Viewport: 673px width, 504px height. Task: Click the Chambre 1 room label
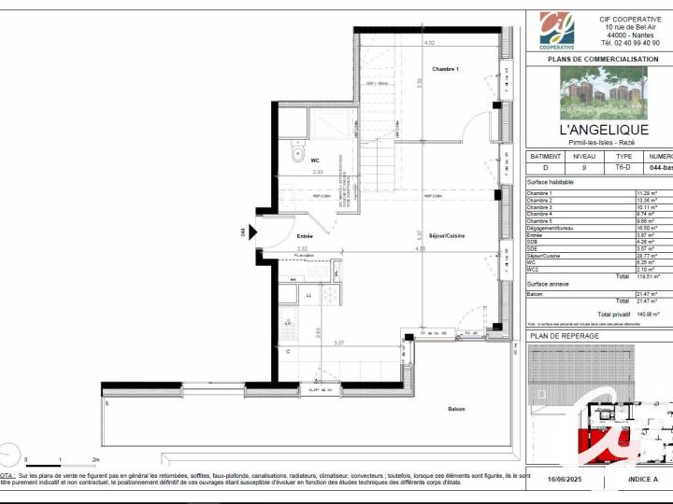pyautogui.click(x=445, y=70)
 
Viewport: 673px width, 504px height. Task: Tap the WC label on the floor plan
pyautogui.click(x=316, y=160)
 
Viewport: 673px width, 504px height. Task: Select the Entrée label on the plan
pyautogui.click(x=305, y=236)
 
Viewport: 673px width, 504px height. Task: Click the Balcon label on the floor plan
pyautogui.click(x=456, y=409)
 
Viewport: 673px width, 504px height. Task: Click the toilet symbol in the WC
pyautogui.click(x=297, y=153)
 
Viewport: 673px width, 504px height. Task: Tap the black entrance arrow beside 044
pyautogui.click(x=251, y=232)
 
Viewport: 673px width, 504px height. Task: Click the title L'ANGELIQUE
pyautogui.click(x=603, y=129)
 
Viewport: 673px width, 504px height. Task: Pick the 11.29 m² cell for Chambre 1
pyautogui.click(x=647, y=192)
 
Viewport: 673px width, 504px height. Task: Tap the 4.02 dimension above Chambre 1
pyautogui.click(x=429, y=43)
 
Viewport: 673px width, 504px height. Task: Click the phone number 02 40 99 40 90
pyautogui.click(x=629, y=43)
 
